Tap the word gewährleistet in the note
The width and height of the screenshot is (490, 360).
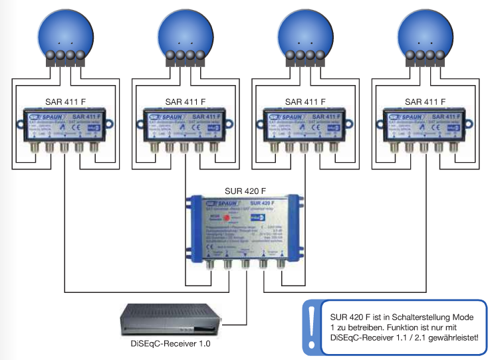[x=453, y=339]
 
